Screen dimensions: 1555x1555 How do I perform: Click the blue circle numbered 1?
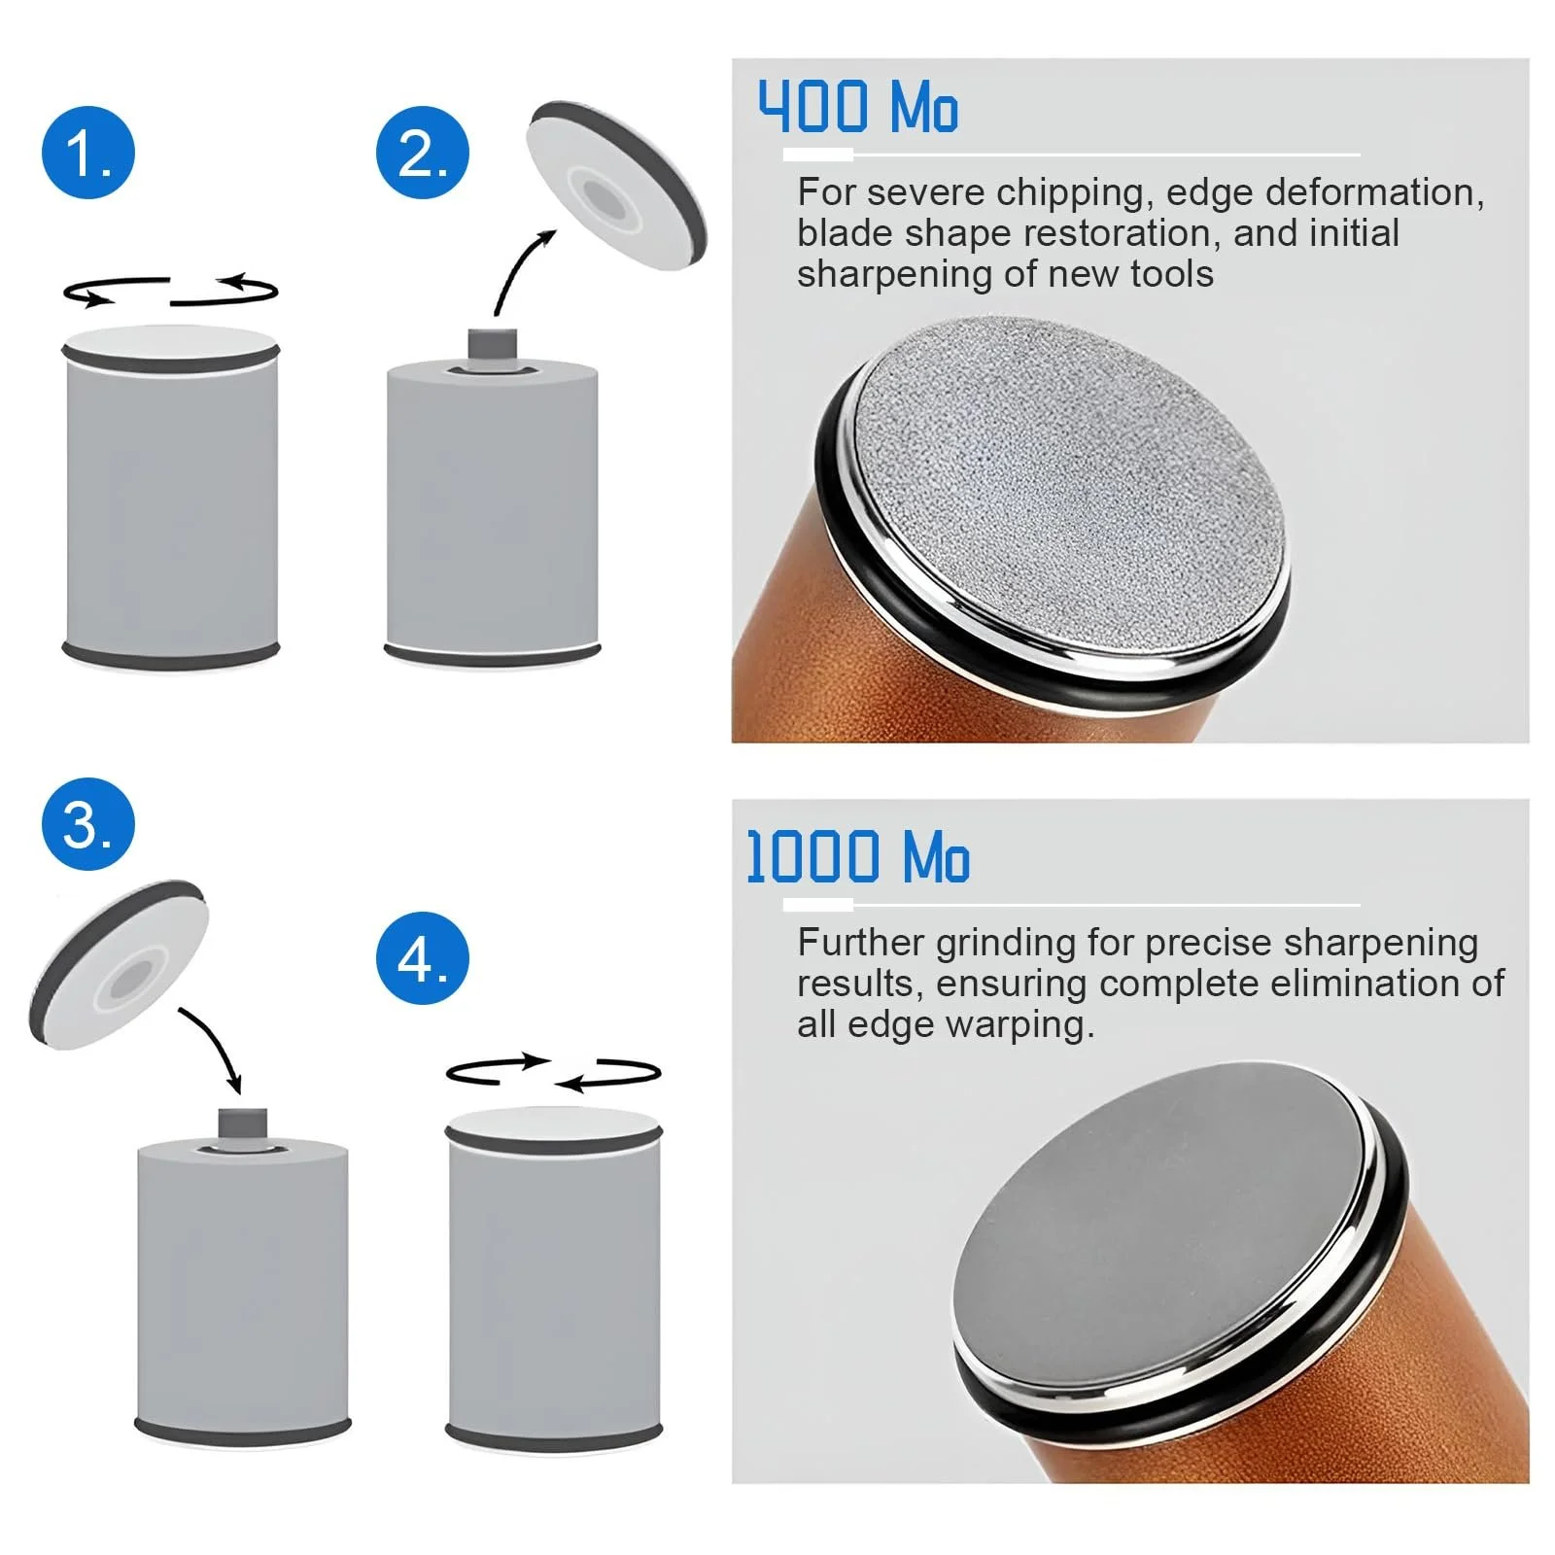click(x=88, y=154)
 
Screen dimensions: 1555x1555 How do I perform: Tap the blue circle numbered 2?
click(x=423, y=154)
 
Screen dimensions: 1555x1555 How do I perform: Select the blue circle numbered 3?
click(x=88, y=824)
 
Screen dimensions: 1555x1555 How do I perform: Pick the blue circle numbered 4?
click(x=423, y=958)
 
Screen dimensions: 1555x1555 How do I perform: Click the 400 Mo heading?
click(x=857, y=107)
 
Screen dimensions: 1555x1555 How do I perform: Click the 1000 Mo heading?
click(x=857, y=857)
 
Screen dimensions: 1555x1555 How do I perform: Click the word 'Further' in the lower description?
click(x=860, y=943)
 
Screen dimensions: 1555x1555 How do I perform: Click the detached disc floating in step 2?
click(x=615, y=185)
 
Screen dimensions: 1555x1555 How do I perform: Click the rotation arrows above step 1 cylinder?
click(x=170, y=291)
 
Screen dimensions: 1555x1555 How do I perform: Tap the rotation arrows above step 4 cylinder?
click(x=553, y=1072)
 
